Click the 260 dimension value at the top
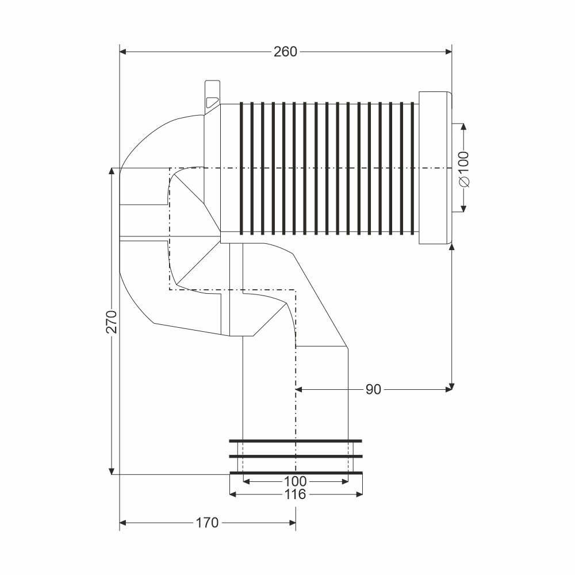pyautogui.click(x=285, y=52)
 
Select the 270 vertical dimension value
pyautogui.click(x=112, y=321)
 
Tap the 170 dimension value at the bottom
pyautogui.click(x=207, y=523)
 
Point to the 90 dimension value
pyautogui.click(x=373, y=389)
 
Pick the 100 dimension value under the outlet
pyautogui.click(x=295, y=481)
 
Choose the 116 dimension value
pyautogui.click(x=295, y=494)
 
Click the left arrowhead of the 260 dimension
pyautogui.click(x=123, y=52)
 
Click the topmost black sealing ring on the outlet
pyautogui.click(x=296, y=441)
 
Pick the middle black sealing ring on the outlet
pyautogui.click(x=296, y=457)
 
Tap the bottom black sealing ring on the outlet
pyautogui.click(x=296, y=473)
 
